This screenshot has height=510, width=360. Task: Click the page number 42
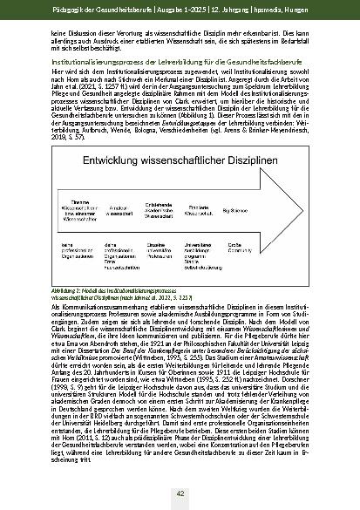[x=180, y=493]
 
